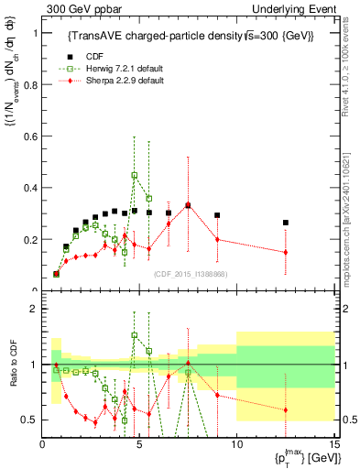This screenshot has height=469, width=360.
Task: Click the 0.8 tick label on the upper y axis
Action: point(28,85)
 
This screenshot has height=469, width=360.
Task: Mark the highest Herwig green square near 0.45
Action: point(135,175)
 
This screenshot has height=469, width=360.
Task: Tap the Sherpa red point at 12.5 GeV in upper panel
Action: point(286,252)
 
